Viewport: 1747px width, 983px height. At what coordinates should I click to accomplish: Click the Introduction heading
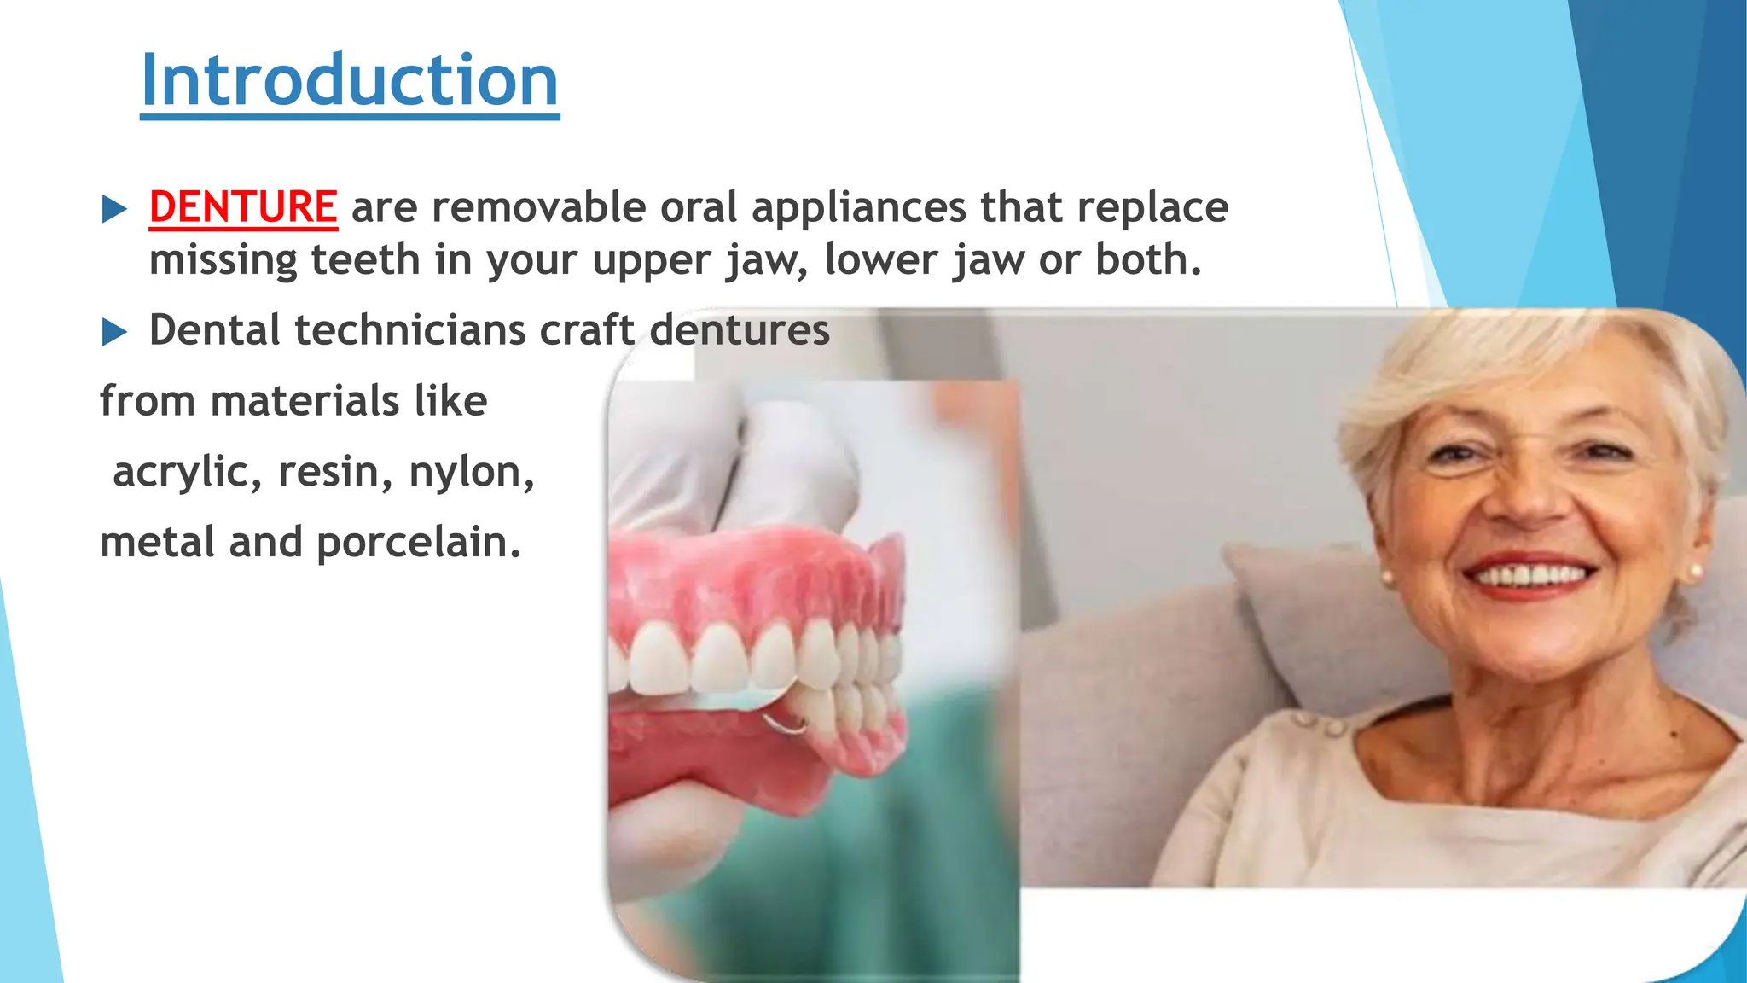349,80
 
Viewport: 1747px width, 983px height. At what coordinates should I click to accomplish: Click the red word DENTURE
243,207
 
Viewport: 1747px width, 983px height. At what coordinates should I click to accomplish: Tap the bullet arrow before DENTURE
114,209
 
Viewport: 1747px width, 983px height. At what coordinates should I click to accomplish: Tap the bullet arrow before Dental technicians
114,332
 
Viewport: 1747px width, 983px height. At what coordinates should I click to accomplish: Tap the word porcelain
418,544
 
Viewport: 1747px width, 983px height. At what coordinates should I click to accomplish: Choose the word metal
158,543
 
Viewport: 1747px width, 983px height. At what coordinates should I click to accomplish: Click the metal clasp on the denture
786,726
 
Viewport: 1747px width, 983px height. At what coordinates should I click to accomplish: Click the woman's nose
1527,499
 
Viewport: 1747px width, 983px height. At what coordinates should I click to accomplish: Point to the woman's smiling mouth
1531,575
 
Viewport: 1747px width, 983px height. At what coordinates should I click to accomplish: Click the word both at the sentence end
1147,260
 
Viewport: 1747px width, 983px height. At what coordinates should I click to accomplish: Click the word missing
223,260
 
